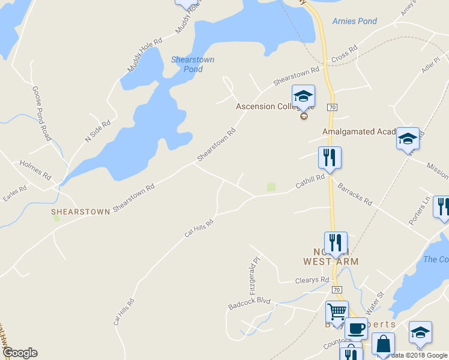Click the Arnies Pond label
[x=354, y=22]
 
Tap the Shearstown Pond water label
[x=193, y=64]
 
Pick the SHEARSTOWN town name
[x=80, y=212]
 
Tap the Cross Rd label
[x=344, y=53]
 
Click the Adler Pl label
[x=431, y=64]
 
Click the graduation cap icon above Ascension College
[x=303, y=95]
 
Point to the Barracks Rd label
[x=355, y=194]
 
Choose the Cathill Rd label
[x=310, y=182]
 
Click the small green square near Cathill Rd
[x=271, y=187]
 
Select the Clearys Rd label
[x=312, y=280]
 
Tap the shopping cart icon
[x=337, y=311]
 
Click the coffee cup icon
[x=356, y=329]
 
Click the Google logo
[x=19, y=353]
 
